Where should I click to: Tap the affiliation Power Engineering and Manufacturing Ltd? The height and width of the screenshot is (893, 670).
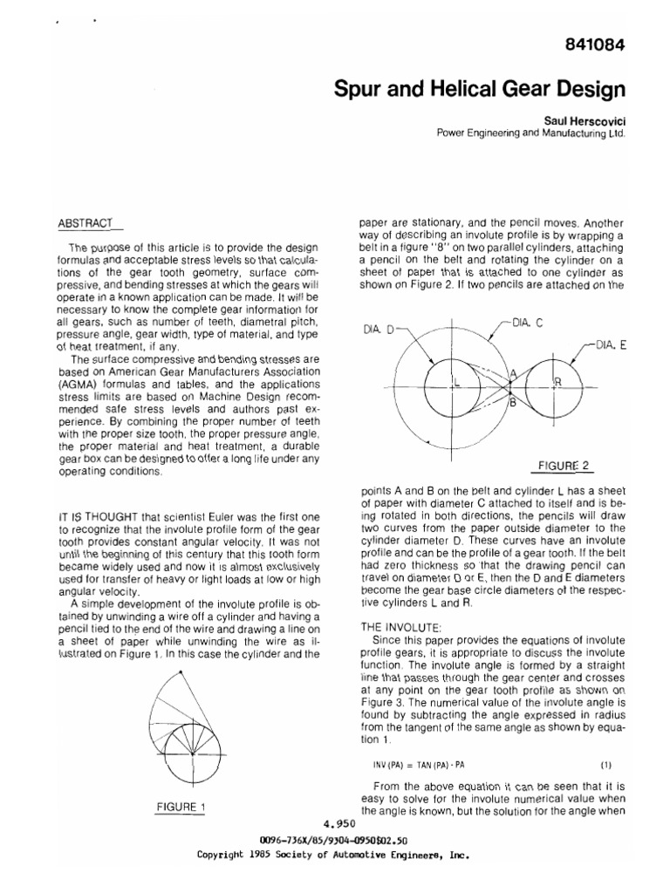[530, 134]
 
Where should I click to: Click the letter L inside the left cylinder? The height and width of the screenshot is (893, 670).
[456, 381]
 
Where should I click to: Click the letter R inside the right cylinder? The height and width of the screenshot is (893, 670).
[557, 382]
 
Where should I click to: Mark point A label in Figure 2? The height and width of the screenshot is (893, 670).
[513, 372]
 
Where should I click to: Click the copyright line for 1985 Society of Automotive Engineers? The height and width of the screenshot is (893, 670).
[336, 856]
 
